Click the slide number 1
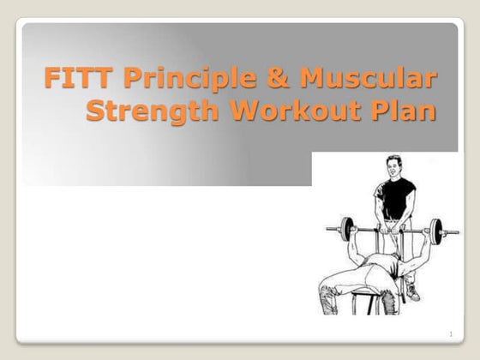pyautogui.click(x=449, y=333)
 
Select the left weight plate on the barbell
pyautogui.click(x=346, y=230)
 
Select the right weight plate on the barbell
pyautogui.click(x=436, y=231)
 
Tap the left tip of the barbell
pyautogui.click(x=329, y=230)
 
